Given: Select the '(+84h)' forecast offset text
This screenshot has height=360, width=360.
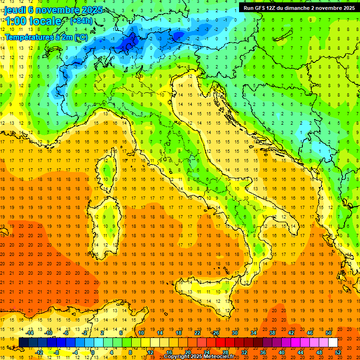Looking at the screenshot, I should coord(81,21).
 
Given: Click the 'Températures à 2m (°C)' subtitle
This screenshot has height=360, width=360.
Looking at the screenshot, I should coord(46,37).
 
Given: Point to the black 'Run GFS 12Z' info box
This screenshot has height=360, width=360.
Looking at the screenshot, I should coord(299,7).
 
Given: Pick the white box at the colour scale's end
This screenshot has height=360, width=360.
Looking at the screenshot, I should coord(333,343).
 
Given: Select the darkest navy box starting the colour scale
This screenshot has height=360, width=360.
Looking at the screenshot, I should coord(23,343).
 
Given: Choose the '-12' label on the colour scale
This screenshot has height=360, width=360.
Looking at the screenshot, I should coord(39,352).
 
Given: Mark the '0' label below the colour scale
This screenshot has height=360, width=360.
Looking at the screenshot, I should coord(93,352).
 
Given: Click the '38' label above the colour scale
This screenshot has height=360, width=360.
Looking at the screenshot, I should coord(272,333).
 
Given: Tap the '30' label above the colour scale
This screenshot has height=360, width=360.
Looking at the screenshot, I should coord(234,333).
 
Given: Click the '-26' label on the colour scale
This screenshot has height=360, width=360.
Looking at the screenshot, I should coord(215,333).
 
